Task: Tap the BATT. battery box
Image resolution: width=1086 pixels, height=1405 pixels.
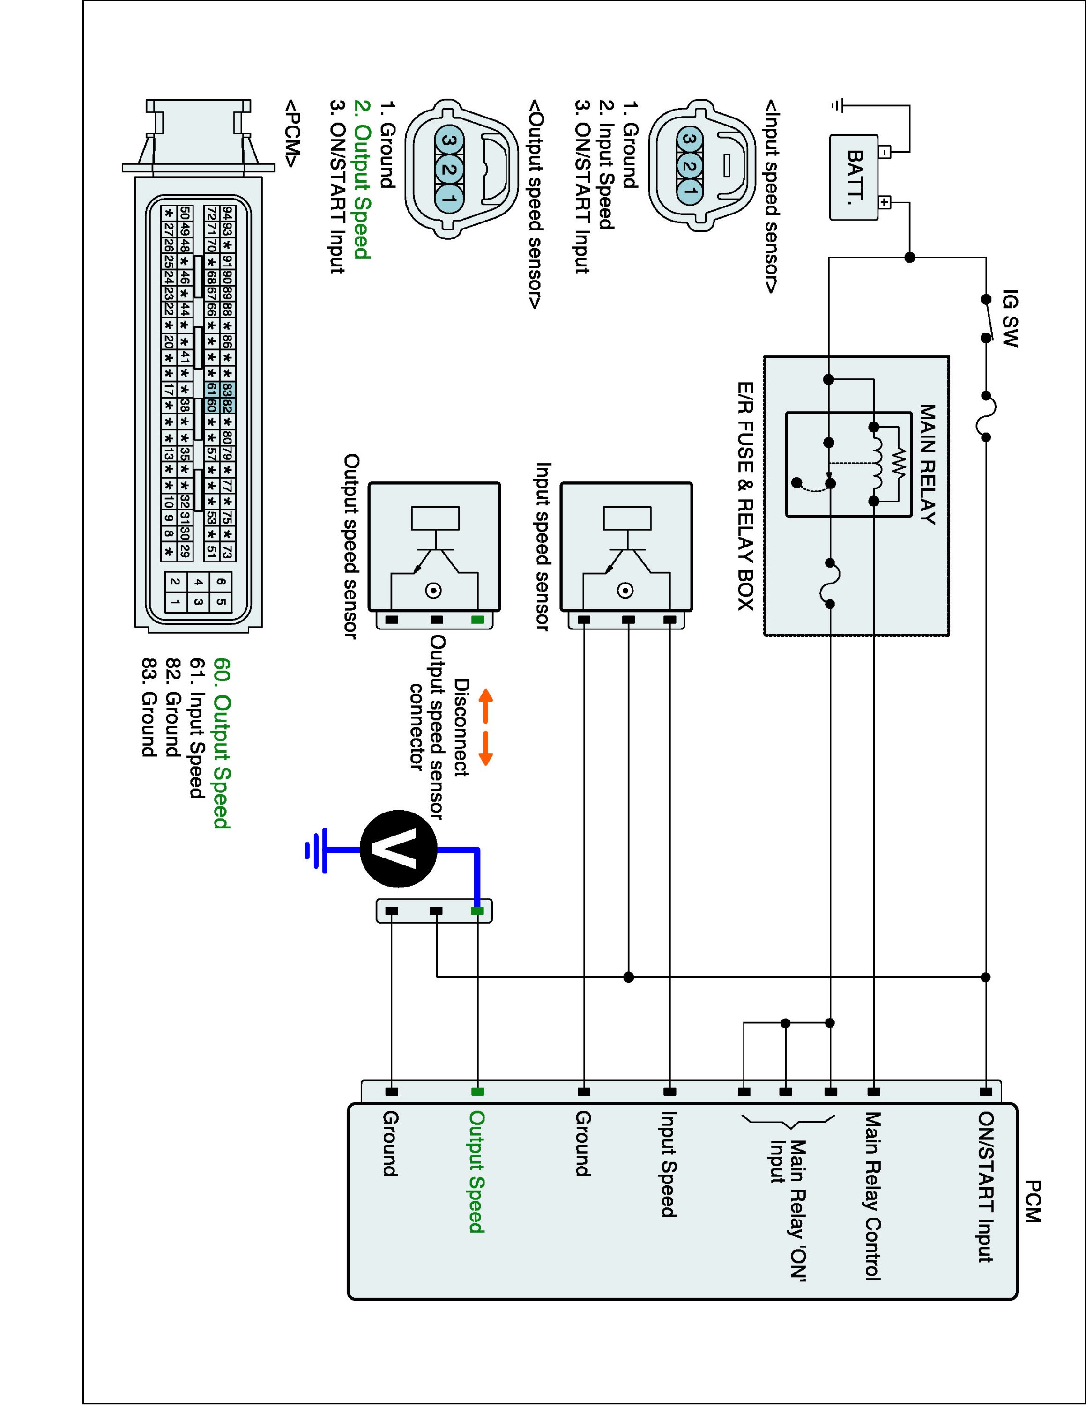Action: (854, 177)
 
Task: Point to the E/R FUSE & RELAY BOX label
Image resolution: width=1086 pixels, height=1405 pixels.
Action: (746, 496)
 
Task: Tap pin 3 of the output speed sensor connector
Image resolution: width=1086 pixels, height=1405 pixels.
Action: (450, 140)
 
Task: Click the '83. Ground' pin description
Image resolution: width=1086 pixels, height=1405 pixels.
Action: (149, 707)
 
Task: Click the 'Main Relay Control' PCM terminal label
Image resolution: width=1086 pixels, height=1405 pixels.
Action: (872, 1196)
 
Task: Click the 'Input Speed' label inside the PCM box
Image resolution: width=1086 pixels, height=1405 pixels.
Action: (669, 1164)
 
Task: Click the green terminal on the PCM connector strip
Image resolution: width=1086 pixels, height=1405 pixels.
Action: (477, 1092)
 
